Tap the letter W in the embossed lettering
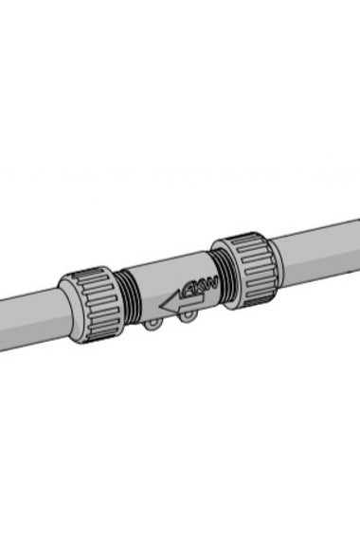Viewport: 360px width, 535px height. [x=211, y=281]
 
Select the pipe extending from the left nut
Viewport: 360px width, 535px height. [x=28, y=322]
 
